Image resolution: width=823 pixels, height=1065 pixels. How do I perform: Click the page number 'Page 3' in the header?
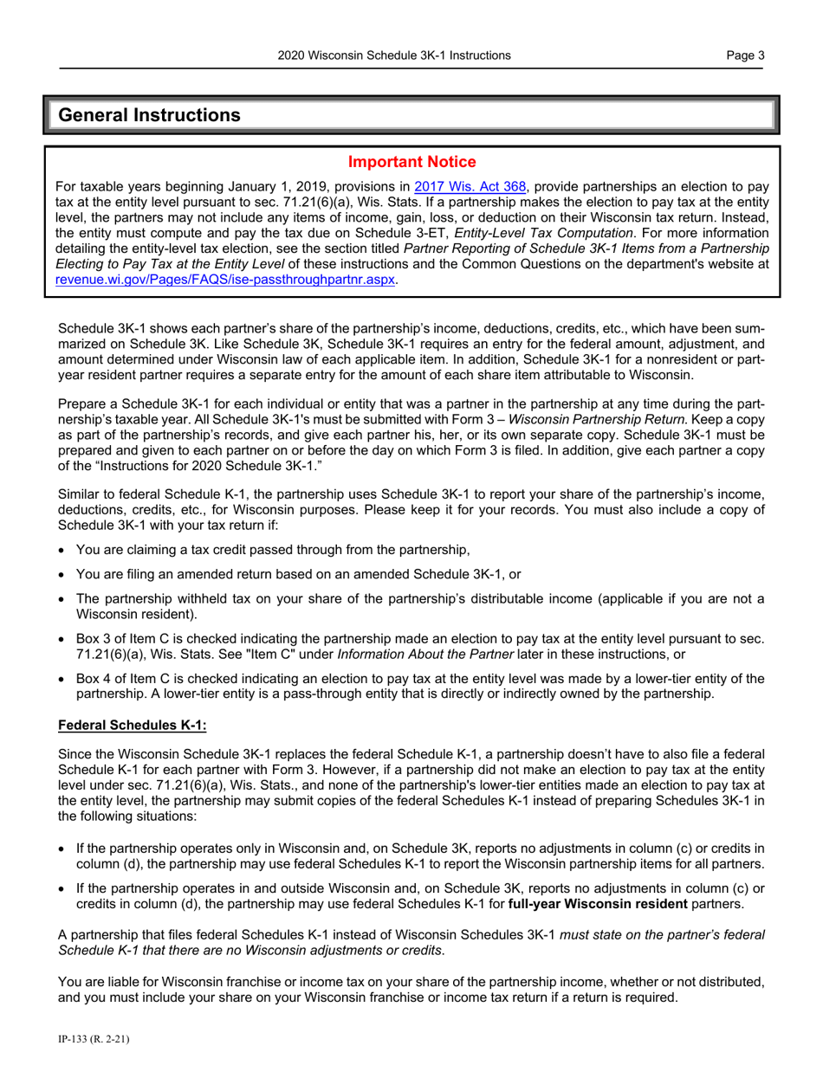[746, 56]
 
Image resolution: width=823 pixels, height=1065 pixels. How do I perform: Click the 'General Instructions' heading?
[149, 115]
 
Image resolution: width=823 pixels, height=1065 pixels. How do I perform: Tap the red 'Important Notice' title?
[411, 162]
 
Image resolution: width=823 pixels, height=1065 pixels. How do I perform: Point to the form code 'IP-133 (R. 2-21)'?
[94, 1036]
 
